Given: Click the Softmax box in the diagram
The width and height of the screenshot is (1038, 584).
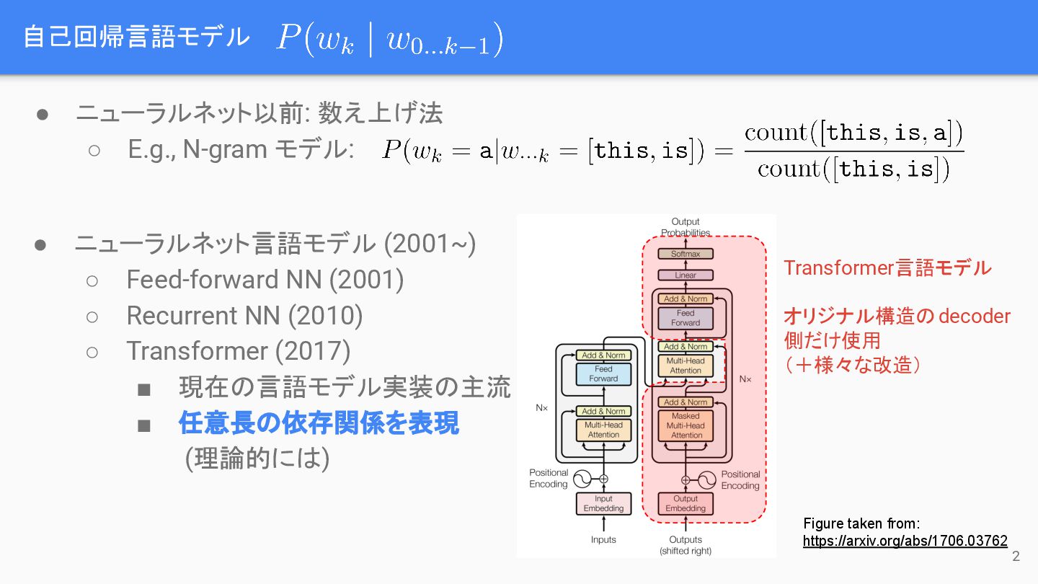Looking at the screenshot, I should point(686,254).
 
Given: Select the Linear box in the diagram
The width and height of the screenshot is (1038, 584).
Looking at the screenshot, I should point(686,275).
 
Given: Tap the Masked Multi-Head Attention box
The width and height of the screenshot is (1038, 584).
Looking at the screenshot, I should point(686,425).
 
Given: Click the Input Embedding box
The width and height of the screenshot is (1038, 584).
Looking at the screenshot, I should point(603,503).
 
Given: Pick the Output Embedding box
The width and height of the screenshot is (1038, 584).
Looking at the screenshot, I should point(686,503).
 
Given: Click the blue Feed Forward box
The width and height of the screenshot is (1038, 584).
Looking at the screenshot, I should point(603,373).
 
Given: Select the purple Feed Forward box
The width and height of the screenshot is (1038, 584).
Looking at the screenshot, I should point(686,318).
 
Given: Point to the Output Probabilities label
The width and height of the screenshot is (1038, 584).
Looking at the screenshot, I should point(686,227).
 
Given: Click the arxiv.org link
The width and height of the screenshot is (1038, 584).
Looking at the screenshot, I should point(905,541).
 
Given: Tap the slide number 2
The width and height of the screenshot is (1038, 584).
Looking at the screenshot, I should point(1016,556).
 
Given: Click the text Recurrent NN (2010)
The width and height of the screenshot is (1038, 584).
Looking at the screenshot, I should point(244,315).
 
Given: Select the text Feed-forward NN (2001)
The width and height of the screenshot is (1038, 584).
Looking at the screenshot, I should point(265,279).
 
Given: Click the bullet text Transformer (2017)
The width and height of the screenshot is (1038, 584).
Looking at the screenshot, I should point(238,351).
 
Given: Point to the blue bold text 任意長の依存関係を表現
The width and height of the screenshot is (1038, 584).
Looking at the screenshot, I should point(319,423).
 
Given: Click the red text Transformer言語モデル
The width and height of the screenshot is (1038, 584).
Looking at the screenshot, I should point(887,268).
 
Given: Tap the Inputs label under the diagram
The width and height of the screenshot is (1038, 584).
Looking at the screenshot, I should point(603,539).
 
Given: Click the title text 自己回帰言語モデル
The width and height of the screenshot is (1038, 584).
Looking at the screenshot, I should point(136,37).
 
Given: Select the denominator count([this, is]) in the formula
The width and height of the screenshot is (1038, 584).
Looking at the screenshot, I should point(853,169).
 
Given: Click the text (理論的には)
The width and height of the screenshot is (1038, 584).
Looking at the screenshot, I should point(257,459).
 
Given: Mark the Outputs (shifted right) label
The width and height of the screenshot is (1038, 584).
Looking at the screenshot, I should point(686,545).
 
